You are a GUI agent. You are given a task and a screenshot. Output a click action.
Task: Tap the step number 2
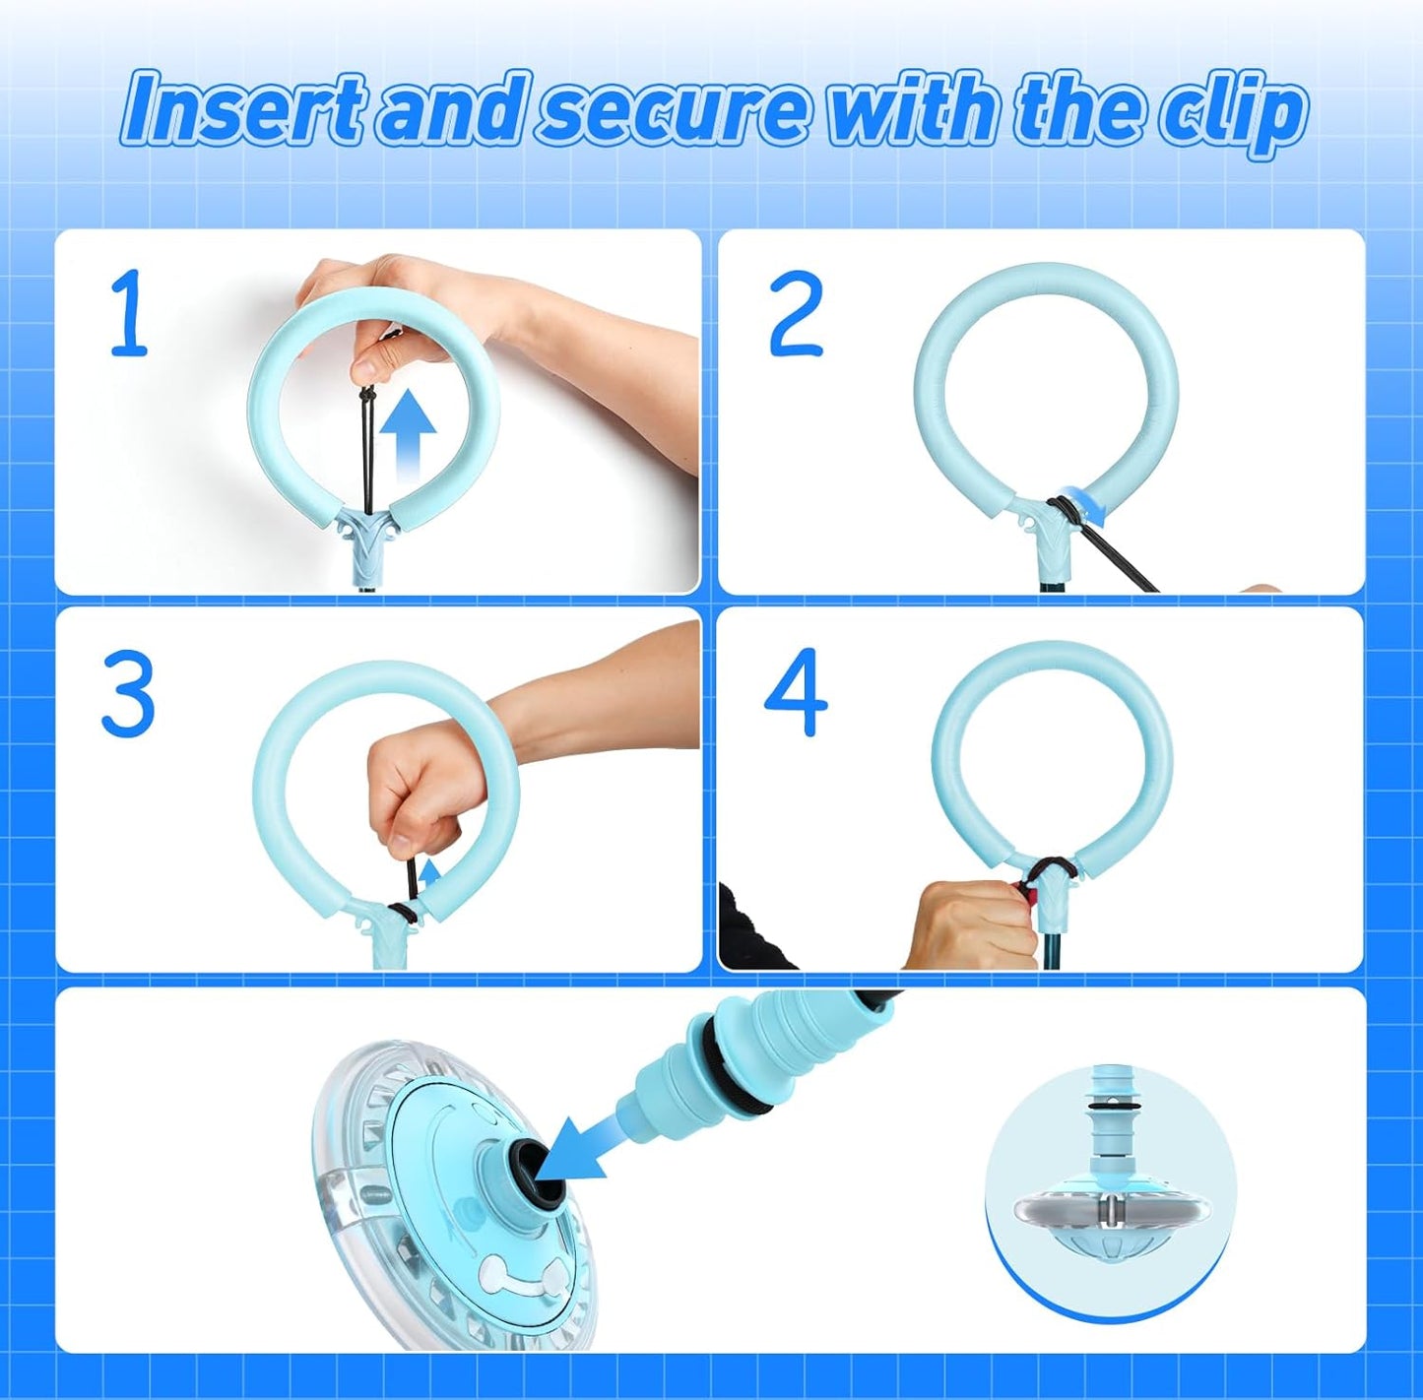point(795,314)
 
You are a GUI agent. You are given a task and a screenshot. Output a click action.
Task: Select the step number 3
point(128,694)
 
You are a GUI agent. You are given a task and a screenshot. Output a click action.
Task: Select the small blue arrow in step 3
point(429,872)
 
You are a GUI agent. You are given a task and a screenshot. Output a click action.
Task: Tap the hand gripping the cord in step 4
point(970,924)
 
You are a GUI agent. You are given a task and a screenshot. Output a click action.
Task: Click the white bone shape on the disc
point(512,1276)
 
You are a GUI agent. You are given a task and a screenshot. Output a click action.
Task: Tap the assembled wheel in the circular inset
point(1111,1201)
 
